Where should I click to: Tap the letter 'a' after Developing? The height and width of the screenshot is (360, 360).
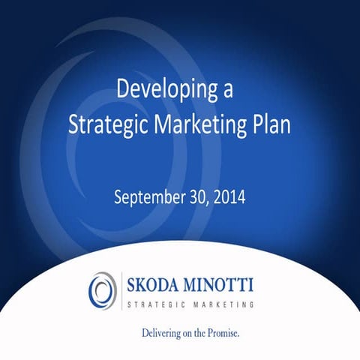pyautogui.click(x=228, y=91)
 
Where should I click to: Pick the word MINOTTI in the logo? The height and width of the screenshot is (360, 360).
pyautogui.click(x=220, y=286)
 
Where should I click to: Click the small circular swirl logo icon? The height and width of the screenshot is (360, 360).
pyautogui.click(x=100, y=289)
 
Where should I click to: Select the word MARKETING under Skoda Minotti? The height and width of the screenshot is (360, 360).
pyautogui.click(x=220, y=304)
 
